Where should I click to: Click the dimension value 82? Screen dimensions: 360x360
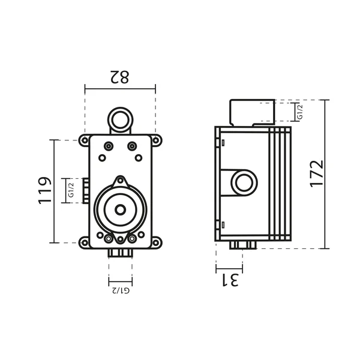[x=119, y=77]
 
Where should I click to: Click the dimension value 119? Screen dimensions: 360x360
[x=45, y=190]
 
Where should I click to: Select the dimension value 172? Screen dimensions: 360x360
[x=317, y=174]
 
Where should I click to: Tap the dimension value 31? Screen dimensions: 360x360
[x=230, y=280]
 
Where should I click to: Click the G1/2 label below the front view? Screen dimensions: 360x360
[x=121, y=290]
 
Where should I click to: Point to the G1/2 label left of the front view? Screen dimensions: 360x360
[x=71, y=190]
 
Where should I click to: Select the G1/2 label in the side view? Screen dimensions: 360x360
[x=300, y=112]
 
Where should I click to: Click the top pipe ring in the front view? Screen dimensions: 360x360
[x=121, y=120]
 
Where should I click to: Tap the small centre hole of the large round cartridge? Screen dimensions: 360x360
[x=121, y=210]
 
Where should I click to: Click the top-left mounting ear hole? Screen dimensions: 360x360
[x=85, y=140]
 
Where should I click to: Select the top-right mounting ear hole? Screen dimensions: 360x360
[x=155, y=140]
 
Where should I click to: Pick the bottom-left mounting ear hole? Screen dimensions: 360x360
[x=85, y=242]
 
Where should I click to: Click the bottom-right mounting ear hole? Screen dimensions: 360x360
[x=155, y=242]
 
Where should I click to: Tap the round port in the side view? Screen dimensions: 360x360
[x=244, y=182]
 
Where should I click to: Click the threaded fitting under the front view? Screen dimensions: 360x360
[x=121, y=253]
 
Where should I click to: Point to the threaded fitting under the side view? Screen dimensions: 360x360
[x=243, y=245]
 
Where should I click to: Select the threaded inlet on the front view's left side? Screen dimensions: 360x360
[x=86, y=191]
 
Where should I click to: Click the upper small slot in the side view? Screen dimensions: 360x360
[x=223, y=143]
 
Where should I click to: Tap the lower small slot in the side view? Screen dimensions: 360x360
[x=223, y=225]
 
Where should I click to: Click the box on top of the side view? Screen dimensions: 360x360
[x=253, y=113]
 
